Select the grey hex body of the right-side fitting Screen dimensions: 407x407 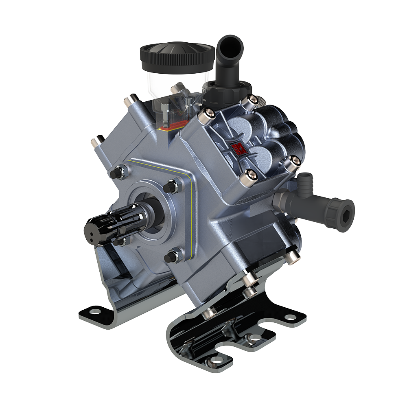[x=285, y=202]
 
